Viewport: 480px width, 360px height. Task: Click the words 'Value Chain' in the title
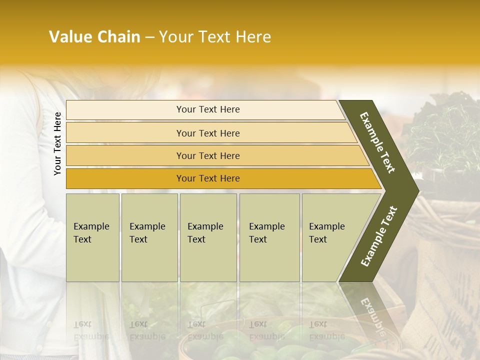pyautogui.click(x=94, y=37)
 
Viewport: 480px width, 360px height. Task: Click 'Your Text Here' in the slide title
pyautogui.click(x=215, y=37)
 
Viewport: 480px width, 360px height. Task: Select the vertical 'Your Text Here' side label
pyautogui.click(x=57, y=143)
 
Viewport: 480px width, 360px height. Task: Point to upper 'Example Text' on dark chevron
pyautogui.click(x=378, y=142)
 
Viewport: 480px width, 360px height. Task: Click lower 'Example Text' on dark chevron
pyautogui.click(x=379, y=236)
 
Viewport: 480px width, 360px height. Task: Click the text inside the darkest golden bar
pyautogui.click(x=208, y=178)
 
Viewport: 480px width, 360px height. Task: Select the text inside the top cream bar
pyautogui.click(x=208, y=109)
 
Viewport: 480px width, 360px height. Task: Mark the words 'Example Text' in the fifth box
pyautogui.click(x=326, y=233)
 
